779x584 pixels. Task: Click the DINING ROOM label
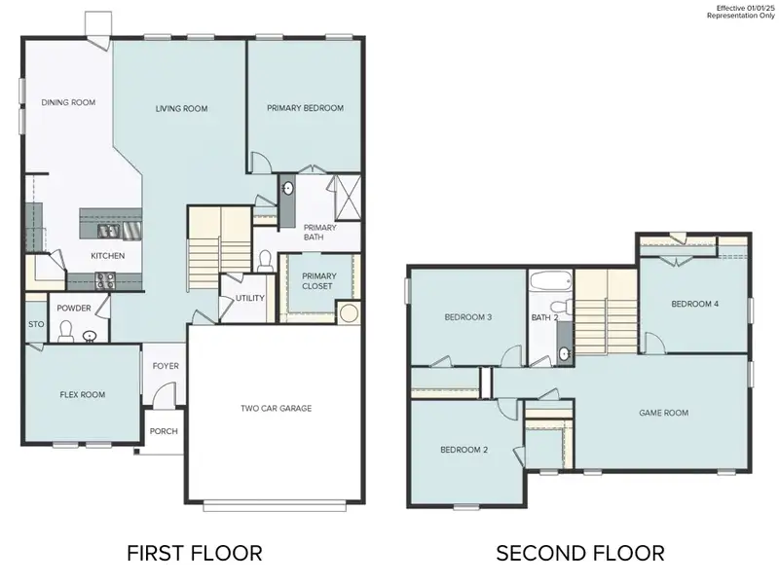point(67,102)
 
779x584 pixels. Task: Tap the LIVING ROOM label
point(181,109)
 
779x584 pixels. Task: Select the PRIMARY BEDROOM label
point(305,109)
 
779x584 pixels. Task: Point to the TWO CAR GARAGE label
point(277,409)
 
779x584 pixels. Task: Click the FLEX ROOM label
point(82,395)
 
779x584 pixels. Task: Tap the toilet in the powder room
point(66,334)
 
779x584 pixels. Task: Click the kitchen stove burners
point(104,280)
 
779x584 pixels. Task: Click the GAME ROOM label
point(663,414)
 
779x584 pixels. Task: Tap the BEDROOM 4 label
point(694,305)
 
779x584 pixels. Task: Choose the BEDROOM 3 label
point(467,318)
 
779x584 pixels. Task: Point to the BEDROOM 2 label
point(464,451)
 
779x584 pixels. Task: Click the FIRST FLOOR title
point(194,554)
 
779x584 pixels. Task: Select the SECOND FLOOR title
point(580,554)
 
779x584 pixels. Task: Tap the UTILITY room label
point(250,298)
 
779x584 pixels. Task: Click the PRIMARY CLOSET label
point(318,281)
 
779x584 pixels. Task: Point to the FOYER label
point(164,367)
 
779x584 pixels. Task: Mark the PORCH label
point(164,432)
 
